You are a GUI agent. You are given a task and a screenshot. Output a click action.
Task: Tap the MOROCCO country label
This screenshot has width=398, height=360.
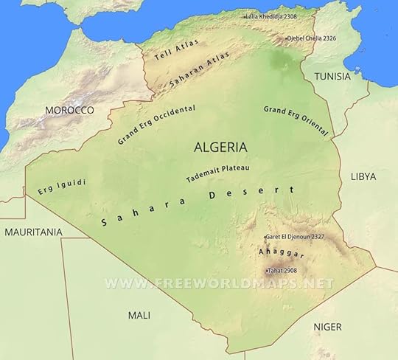tap(69, 110)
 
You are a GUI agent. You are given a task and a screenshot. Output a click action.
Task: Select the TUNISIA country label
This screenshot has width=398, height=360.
tap(332, 77)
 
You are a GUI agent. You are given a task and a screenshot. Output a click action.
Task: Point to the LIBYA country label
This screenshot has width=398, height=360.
tap(363, 176)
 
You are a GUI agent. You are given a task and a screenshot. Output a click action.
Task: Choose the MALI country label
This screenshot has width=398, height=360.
tap(139, 315)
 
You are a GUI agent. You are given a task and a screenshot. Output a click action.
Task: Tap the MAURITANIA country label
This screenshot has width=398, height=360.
tap(33, 232)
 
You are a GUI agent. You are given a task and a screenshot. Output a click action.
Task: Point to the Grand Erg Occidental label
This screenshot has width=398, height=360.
tap(156, 123)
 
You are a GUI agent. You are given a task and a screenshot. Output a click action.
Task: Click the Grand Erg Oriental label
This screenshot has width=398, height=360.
tap(295, 121)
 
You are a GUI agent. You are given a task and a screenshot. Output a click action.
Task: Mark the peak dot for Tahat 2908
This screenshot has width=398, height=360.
tap(266, 271)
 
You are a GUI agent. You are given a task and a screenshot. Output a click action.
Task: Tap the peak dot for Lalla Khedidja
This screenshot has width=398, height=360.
tap(245, 15)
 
